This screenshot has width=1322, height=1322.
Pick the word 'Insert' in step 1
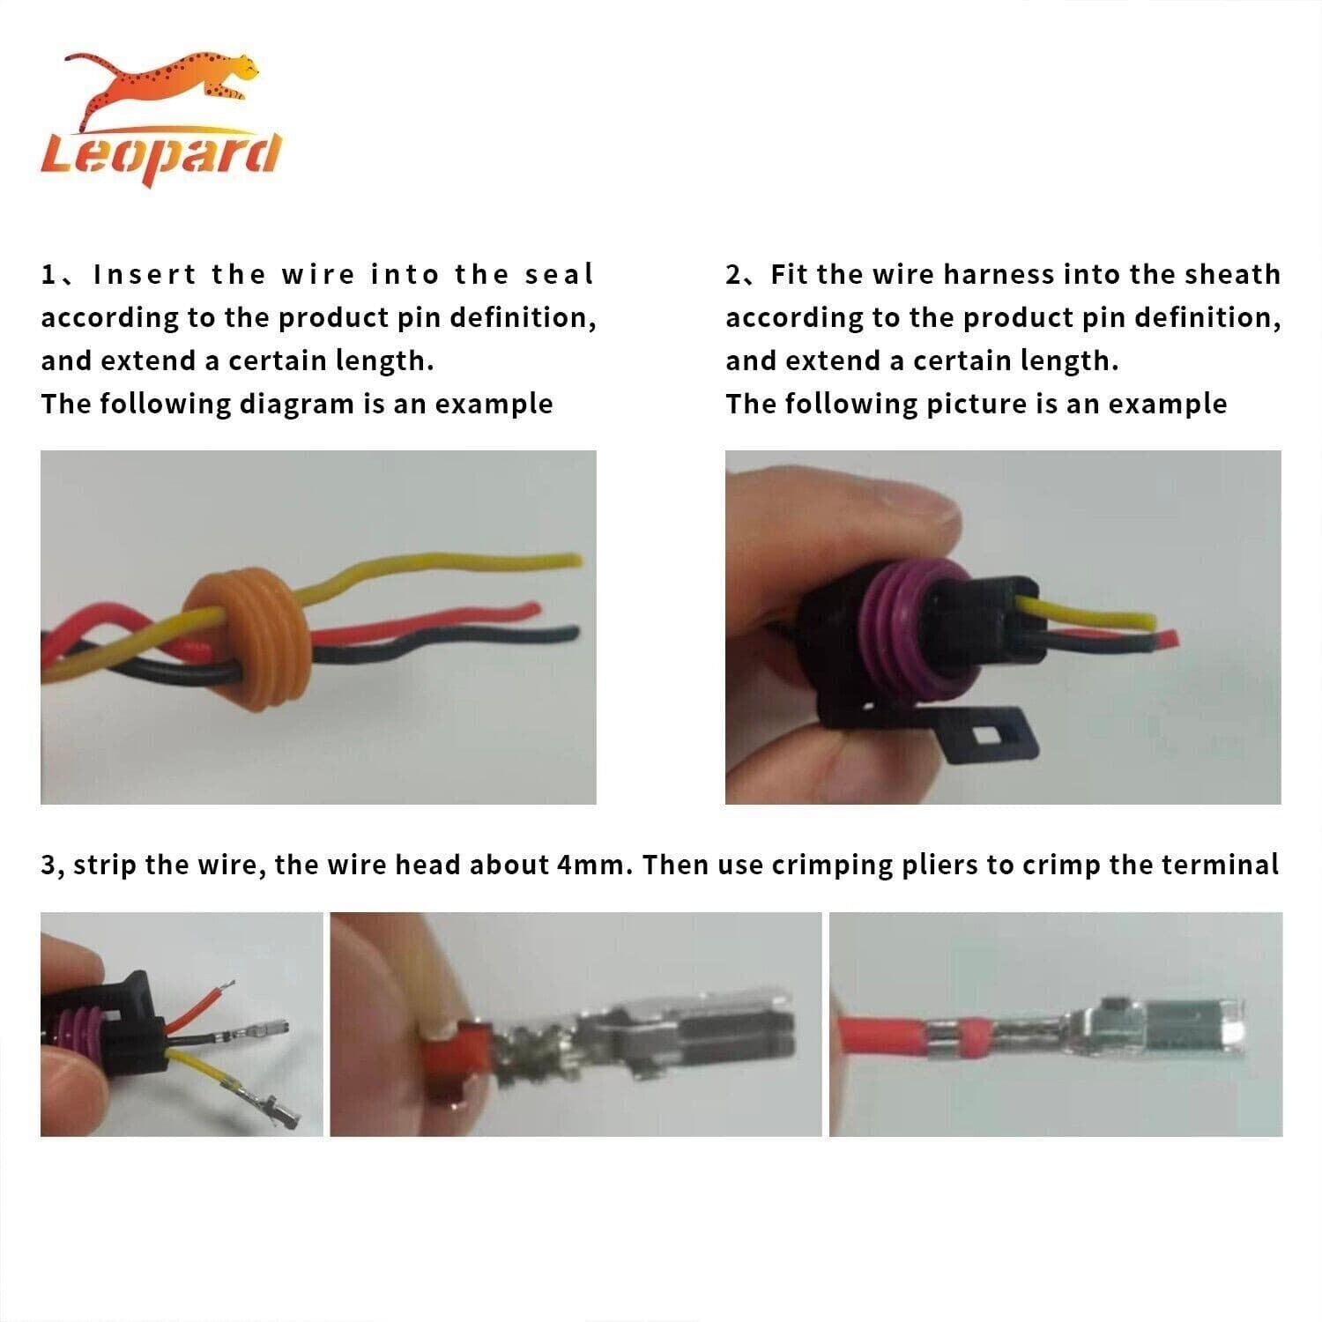coord(145,274)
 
